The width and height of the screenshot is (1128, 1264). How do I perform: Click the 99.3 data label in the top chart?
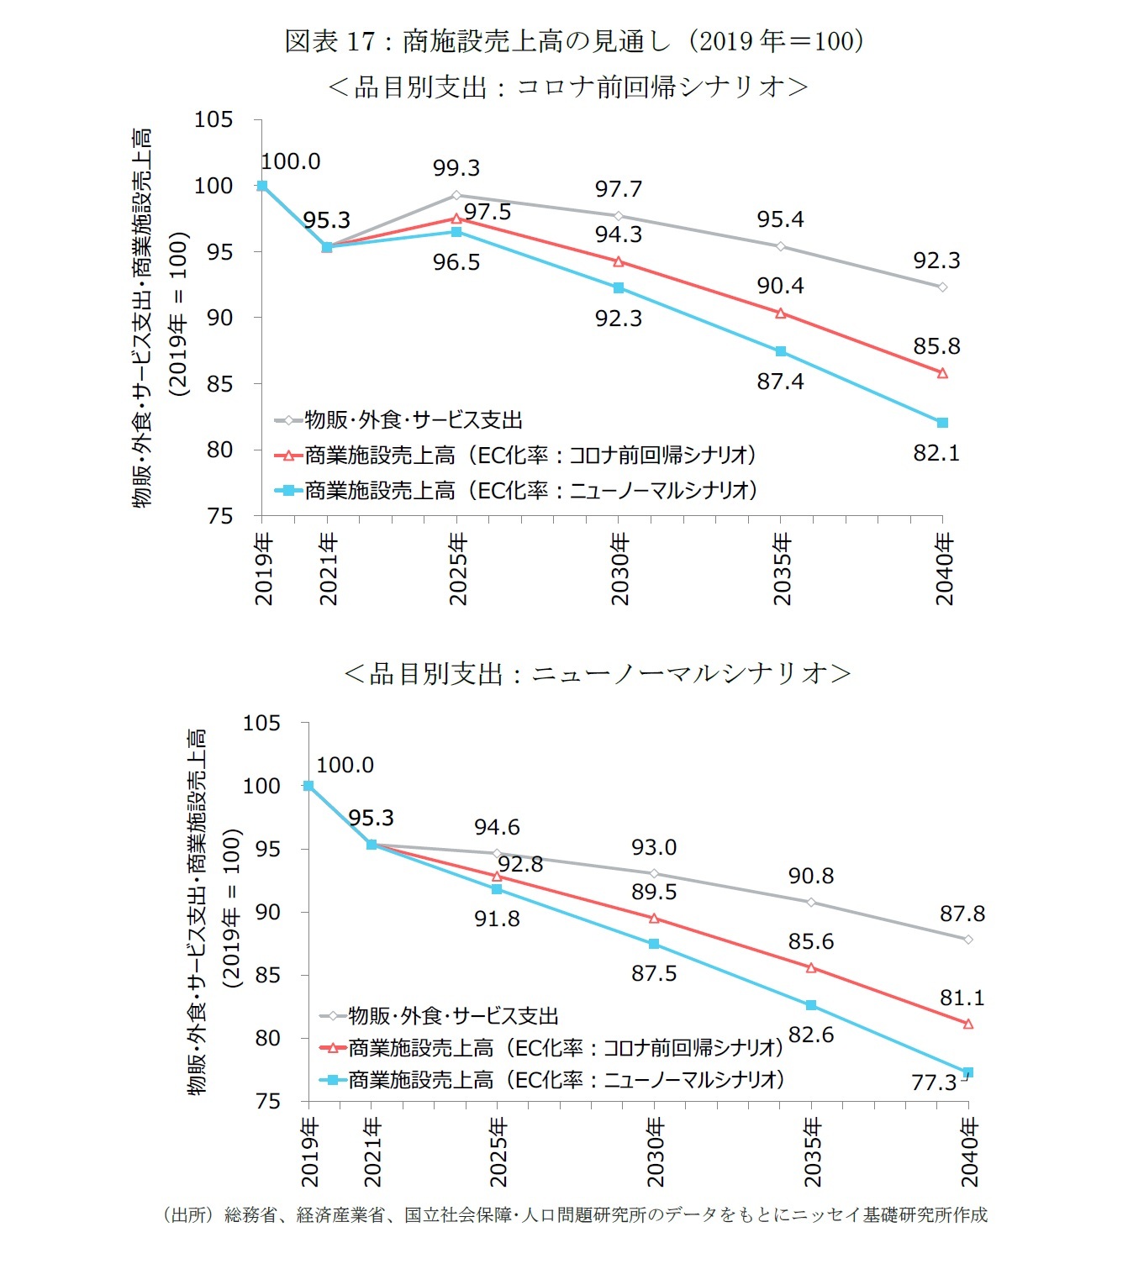(456, 168)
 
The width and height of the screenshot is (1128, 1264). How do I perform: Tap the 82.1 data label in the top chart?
(936, 454)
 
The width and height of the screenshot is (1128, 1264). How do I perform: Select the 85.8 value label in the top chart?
(936, 346)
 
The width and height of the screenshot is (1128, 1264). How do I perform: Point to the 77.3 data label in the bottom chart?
(934, 1082)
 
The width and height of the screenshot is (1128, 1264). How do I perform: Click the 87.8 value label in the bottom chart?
(962, 914)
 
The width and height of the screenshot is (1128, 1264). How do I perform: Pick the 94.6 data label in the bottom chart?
(497, 828)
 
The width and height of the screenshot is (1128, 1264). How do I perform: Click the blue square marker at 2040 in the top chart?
(942, 423)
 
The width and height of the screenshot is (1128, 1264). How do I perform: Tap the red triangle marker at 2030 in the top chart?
(619, 262)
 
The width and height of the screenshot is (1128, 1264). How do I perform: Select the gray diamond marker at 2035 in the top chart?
(781, 246)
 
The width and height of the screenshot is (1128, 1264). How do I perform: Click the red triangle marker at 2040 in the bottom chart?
(968, 1024)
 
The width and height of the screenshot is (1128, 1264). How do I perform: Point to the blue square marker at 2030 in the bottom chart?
(654, 945)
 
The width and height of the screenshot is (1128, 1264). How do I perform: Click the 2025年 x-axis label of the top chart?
(457, 569)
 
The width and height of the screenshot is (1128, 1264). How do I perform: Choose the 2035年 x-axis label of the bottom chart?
(812, 1151)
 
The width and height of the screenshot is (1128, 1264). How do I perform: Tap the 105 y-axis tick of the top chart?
(213, 119)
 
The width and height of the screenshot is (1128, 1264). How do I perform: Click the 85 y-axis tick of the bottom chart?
(267, 976)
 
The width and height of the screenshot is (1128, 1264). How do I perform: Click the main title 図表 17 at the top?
(574, 41)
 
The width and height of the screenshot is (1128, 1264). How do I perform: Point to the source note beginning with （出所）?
(575, 1215)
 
